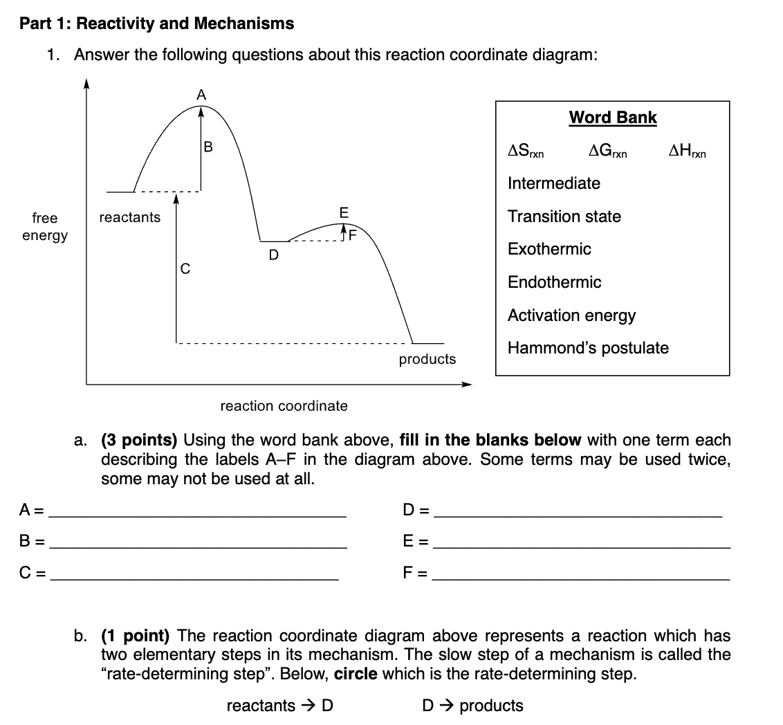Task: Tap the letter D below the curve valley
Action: (273, 255)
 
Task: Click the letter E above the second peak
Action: (344, 211)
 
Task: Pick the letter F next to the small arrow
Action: (351, 234)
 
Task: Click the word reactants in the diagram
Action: (129, 217)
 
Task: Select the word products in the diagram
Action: (427, 359)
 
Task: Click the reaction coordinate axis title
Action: (284, 406)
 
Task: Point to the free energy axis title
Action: (45, 227)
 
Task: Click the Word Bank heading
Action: (612, 118)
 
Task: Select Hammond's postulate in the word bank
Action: (588, 348)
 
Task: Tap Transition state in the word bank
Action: (564, 217)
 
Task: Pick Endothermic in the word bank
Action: (554, 282)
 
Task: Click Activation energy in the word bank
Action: (571, 315)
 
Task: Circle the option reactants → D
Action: (280, 706)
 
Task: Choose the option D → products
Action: (472, 706)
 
